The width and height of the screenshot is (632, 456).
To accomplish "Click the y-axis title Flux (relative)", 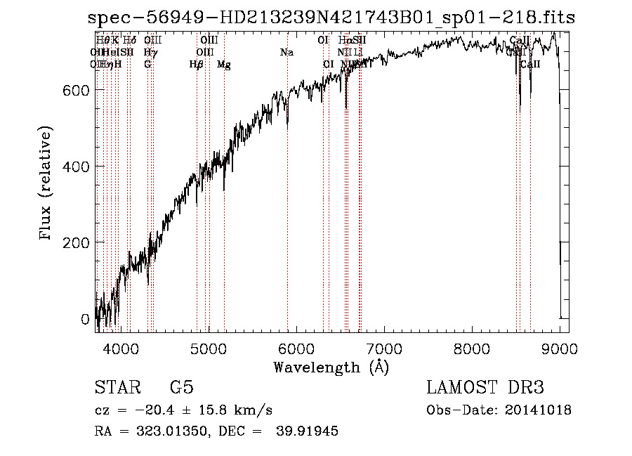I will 46,185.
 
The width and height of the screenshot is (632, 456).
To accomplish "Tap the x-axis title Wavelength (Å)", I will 331,367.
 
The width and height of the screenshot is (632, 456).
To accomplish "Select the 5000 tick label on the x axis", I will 208,348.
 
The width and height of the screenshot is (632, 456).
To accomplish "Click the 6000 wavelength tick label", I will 296,348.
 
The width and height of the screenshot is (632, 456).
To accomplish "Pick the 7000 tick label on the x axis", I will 384,348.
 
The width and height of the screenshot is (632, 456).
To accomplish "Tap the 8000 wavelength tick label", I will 472,348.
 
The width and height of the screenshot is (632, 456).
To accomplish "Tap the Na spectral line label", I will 287,53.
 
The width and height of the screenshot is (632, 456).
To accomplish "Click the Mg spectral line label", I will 223,65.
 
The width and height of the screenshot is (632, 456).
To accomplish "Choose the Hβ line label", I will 196,65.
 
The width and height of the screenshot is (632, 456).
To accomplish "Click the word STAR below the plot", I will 117,387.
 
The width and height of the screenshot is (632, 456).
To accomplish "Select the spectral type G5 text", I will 182,387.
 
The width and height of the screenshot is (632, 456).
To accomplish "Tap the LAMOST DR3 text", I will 485,387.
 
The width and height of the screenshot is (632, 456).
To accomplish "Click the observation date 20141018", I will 539,410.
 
